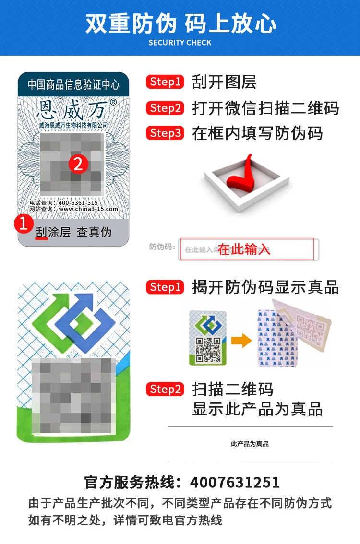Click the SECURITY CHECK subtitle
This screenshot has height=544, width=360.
180,43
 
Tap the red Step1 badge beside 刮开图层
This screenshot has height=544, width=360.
165,82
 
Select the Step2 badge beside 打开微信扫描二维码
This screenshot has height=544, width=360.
165,108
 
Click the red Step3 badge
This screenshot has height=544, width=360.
165,133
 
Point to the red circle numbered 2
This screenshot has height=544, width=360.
79,165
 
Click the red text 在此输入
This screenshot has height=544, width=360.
244,249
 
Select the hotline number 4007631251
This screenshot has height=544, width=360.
235,482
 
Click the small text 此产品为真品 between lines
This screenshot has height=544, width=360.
250,444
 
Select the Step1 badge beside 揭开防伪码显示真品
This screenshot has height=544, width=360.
165,287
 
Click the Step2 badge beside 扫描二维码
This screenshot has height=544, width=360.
165,389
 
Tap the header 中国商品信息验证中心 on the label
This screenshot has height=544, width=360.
73,85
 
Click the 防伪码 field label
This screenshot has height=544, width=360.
160,248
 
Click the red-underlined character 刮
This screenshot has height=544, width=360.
42,232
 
